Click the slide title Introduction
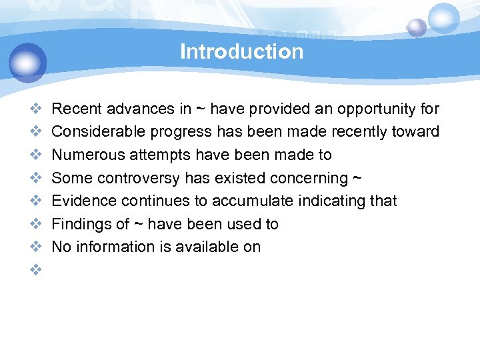(x=241, y=51)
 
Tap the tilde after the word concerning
(x=357, y=178)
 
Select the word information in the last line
(x=113, y=247)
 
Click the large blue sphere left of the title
(x=28, y=62)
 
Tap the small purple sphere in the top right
(x=417, y=27)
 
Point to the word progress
(x=175, y=132)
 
